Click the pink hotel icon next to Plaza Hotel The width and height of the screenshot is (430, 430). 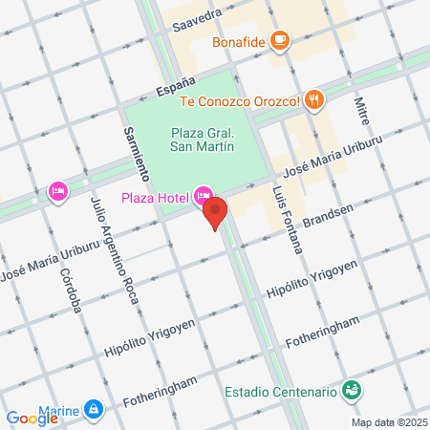(202, 197)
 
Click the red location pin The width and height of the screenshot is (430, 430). (216, 213)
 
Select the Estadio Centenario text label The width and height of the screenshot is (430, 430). (281, 392)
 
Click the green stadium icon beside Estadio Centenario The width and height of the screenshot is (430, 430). (352, 390)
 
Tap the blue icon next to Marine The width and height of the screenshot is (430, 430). (93, 409)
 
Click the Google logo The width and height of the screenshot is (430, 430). (32, 418)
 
